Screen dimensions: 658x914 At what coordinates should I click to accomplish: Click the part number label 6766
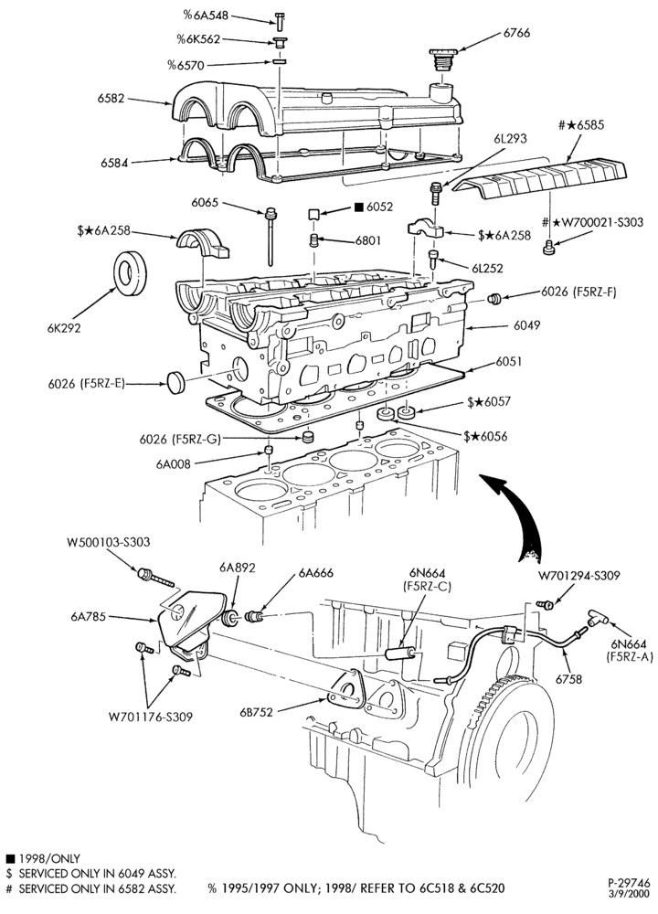pos(516,33)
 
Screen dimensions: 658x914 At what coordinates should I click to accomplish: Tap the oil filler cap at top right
pos(441,59)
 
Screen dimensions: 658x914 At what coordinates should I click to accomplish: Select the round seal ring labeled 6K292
pos(129,272)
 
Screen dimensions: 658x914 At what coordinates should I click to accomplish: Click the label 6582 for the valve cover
pos(111,99)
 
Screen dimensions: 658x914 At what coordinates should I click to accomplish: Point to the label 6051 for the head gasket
pos(509,361)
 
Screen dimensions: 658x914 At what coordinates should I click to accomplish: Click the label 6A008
pos(173,464)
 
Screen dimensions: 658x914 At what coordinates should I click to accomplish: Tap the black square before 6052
pos(358,207)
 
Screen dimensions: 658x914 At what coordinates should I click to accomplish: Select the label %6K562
pos(198,39)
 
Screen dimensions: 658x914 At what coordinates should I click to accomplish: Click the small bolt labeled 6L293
pos(435,192)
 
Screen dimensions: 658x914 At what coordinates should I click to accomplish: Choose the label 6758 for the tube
pos(568,678)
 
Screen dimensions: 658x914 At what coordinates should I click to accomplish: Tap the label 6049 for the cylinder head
pos(526,325)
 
